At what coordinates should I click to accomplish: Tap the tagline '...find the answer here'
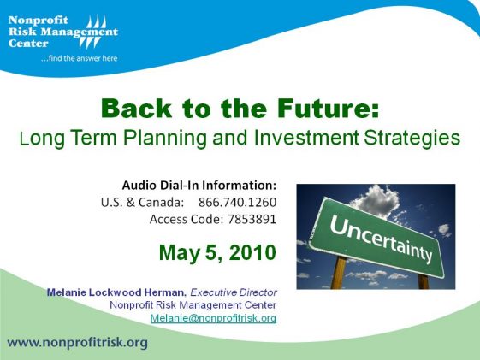[x=79, y=58]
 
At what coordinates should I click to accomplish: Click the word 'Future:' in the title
[x=328, y=109]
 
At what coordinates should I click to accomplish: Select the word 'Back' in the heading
[x=137, y=109]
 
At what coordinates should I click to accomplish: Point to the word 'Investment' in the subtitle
[x=306, y=138]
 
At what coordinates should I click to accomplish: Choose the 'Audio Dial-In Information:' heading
[x=199, y=185]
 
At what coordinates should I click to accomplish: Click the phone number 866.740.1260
[x=237, y=202]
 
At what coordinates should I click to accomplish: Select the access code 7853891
[x=252, y=219]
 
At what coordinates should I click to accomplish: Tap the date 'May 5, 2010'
[x=217, y=252]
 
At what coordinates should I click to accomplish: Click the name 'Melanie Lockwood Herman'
[x=116, y=292]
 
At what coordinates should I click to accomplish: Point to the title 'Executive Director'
[x=234, y=292]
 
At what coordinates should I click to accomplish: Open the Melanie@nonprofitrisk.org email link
[x=213, y=318]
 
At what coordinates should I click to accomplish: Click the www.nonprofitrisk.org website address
[x=78, y=343]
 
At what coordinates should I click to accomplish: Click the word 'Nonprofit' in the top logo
[x=39, y=21]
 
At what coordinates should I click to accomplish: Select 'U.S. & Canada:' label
[x=142, y=202]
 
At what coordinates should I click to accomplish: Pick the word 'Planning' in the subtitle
[x=165, y=139]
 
